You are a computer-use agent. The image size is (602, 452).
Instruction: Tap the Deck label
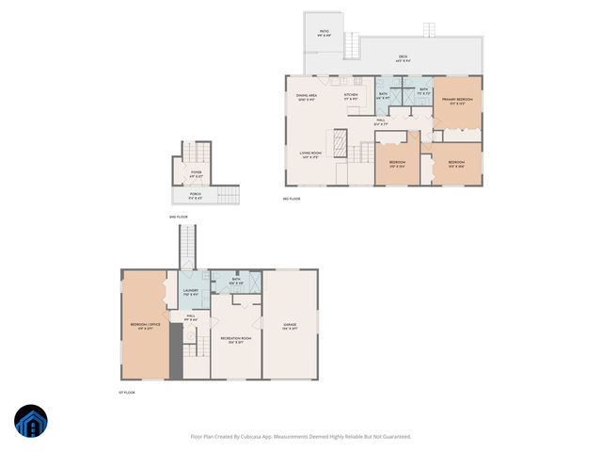click(x=403, y=58)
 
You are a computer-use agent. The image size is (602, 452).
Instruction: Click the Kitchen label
click(x=351, y=96)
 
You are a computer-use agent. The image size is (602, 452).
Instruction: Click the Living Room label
click(x=311, y=154)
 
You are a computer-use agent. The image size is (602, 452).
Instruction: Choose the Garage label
click(x=291, y=326)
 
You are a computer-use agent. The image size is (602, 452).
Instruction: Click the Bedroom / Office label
click(x=145, y=327)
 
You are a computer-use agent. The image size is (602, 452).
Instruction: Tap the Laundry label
click(x=190, y=292)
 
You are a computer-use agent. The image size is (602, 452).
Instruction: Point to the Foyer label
click(x=196, y=174)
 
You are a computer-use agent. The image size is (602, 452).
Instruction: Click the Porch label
click(x=196, y=196)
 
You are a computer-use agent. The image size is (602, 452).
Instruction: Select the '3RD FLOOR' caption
click(x=292, y=199)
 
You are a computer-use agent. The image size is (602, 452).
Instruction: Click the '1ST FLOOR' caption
click(x=128, y=392)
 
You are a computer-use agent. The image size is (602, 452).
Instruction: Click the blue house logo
click(x=31, y=422)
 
